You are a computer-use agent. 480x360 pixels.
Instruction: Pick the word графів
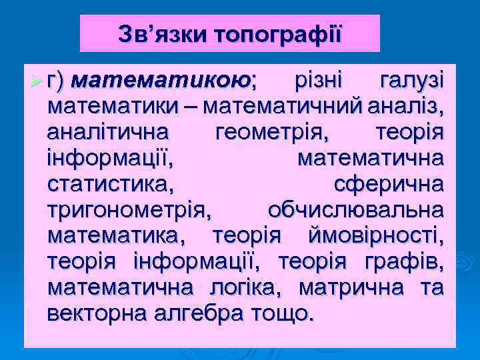[x=411, y=261]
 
